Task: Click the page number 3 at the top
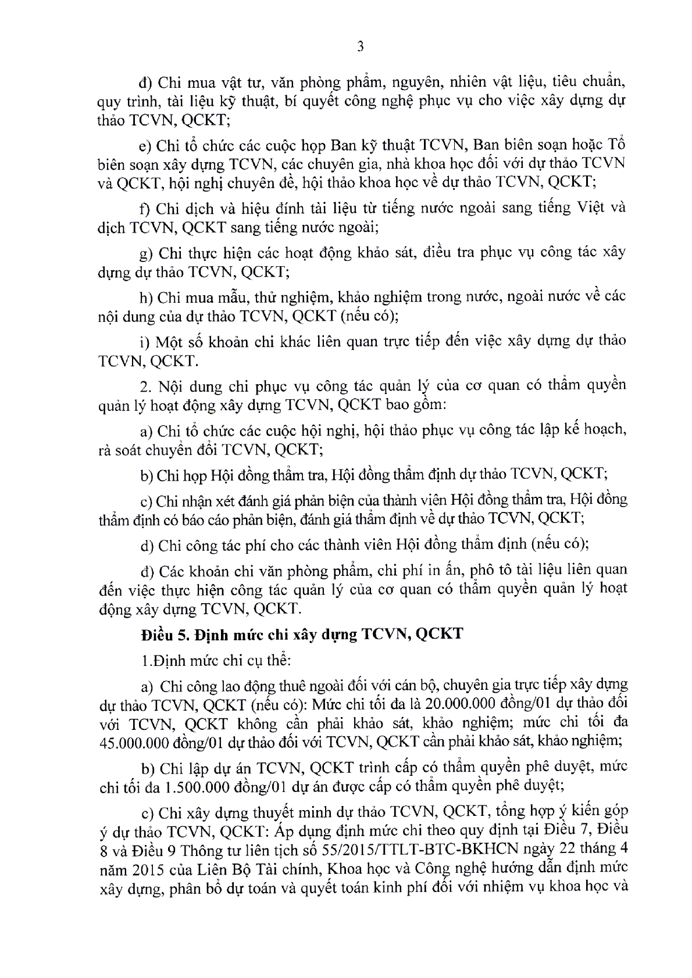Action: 360,47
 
